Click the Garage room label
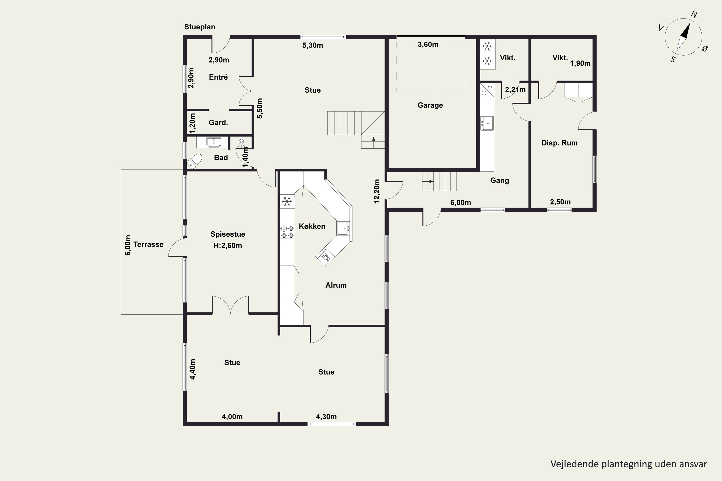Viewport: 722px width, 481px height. (x=430, y=105)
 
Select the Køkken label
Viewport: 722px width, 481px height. (x=312, y=226)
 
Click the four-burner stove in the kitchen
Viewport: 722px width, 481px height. (x=287, y=232)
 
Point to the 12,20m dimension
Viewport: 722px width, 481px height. (x=377, y=191)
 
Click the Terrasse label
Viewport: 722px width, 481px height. (x=148, y=245)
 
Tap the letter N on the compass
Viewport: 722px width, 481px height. (x=694, y=14)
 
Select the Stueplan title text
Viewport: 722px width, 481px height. (x=200, y=27)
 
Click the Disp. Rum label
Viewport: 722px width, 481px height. (x=559, y=143)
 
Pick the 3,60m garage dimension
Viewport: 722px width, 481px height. (x=428, y=44)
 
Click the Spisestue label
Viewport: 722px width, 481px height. (x=227, y=234)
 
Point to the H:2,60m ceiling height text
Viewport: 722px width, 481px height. (x=227, y=245)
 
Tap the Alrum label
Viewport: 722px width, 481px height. (x=336, y=285)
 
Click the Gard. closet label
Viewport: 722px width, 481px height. (x=218, y=123)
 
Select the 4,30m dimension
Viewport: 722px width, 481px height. (x=326, y=417)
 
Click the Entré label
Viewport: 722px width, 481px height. (x=218, y=77)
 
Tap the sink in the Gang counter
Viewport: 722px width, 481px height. (x=487, y=123)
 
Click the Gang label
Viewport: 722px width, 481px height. (x=499, y=180)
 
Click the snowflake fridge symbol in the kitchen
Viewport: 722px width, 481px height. (x=287, y=202)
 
